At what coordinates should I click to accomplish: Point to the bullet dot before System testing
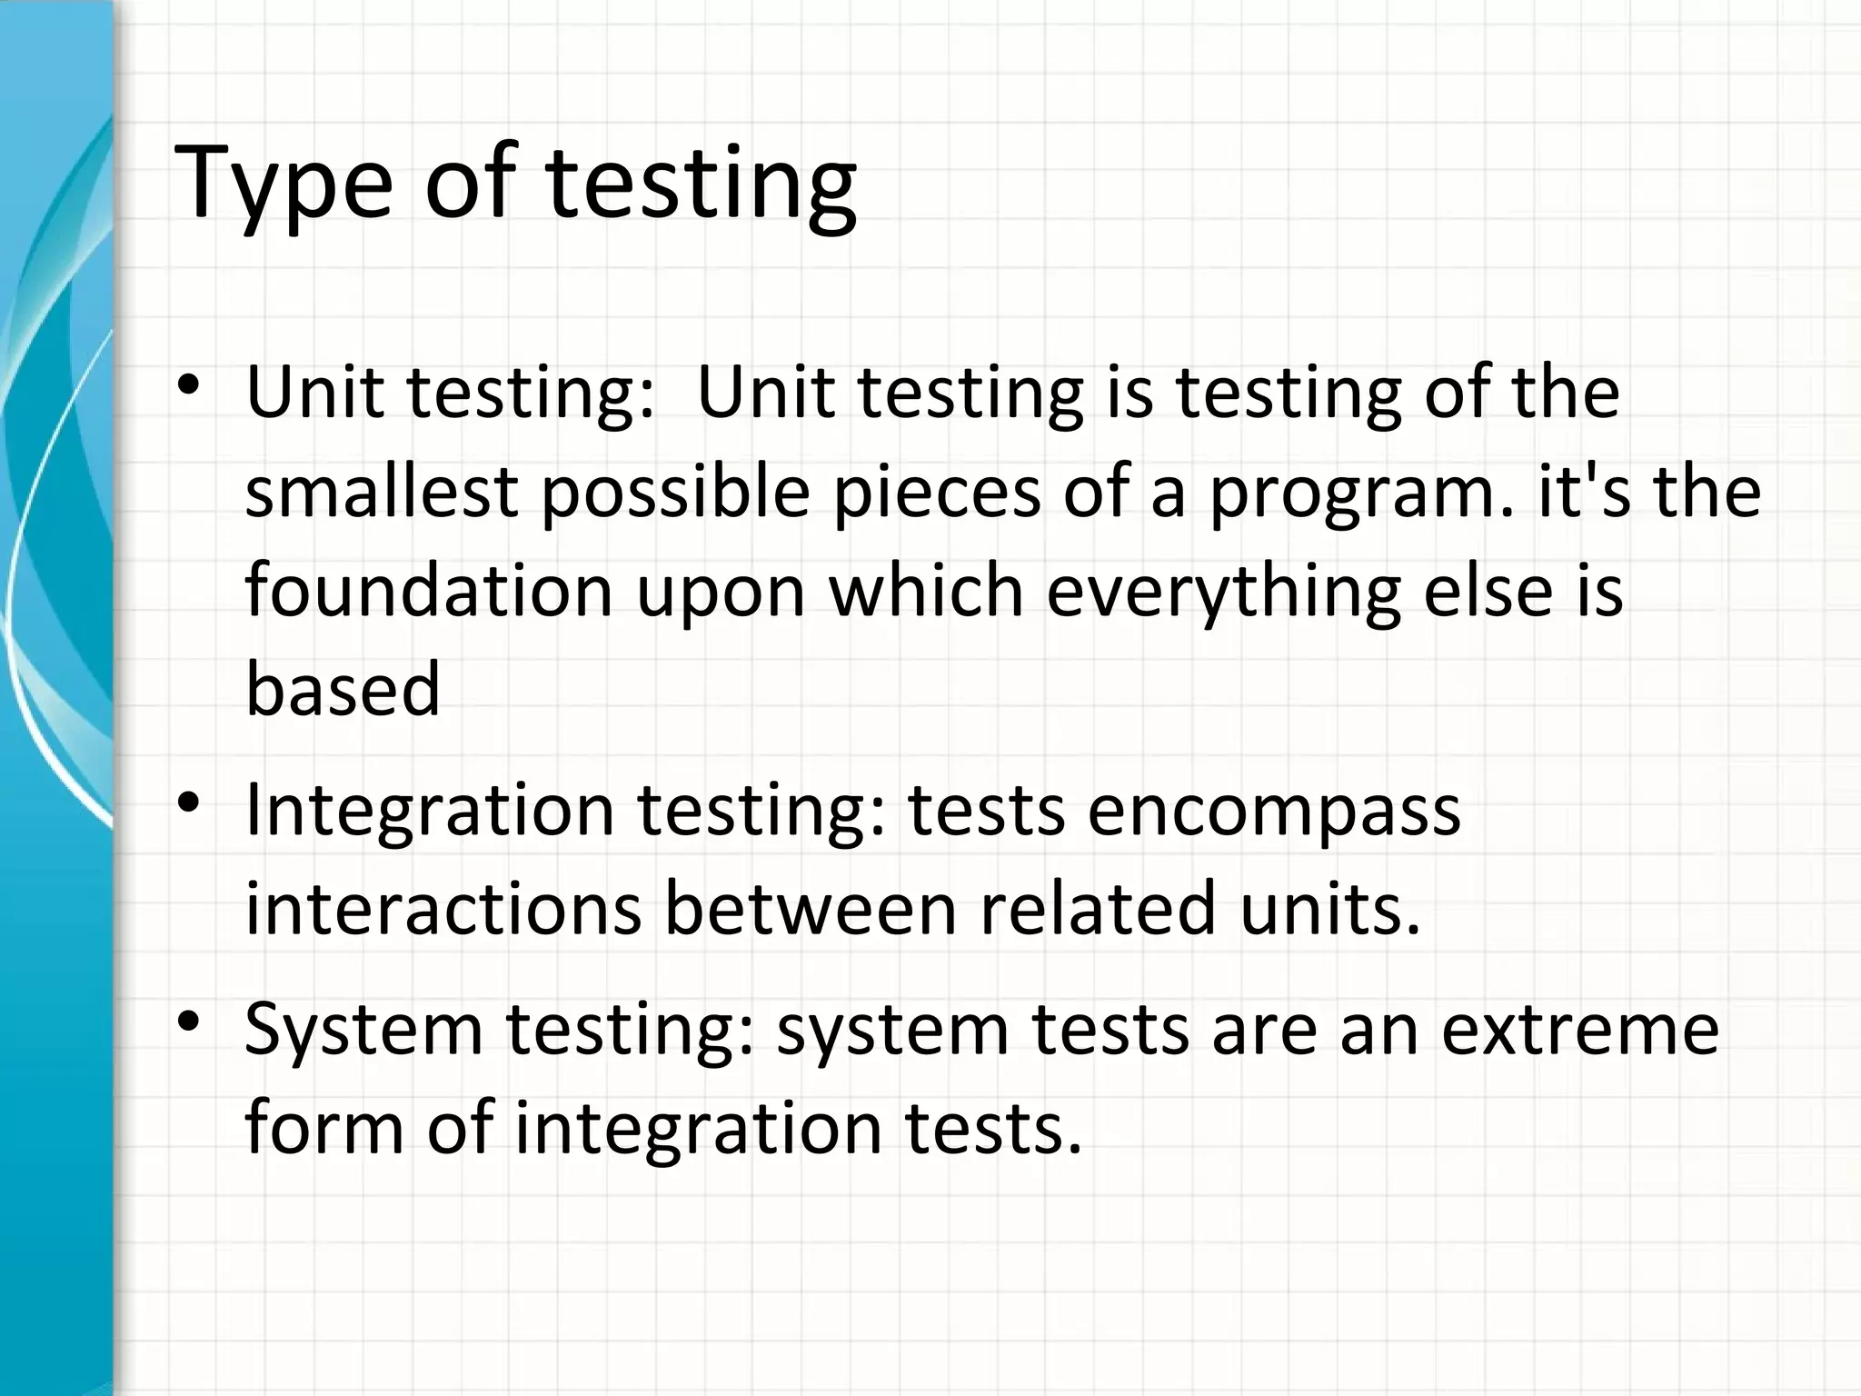click(188, 1022)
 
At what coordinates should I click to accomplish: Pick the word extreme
click(1579, 1031)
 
